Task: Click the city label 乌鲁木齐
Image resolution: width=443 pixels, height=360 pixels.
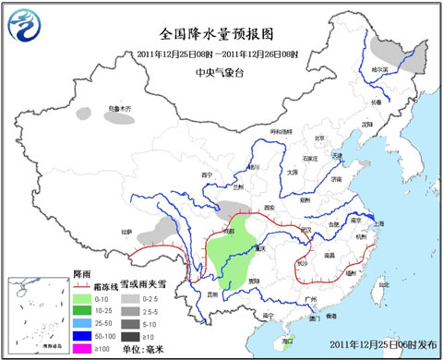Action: (x=119, y=109)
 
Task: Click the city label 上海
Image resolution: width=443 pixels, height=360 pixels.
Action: (x=376, y=222)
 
